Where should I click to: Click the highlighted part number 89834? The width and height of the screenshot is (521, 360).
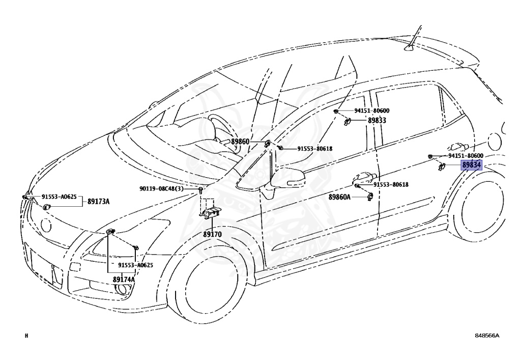pyautogui.click(x=471, y=165)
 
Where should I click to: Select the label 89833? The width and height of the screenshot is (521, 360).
pyautogui.click(x=377, y=121)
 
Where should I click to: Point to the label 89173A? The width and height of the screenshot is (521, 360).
pyautogui.click(x=98, y=201)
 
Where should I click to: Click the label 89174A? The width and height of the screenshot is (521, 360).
pyautogui.click(x=124, y=280)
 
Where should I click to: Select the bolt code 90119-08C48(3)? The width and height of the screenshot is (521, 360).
pyautogui.click(x=168, y=189)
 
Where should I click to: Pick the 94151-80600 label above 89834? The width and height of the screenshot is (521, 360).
pyautogui.click(x=465, y=155)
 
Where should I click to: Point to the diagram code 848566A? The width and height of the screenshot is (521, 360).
pyautogui.click(x=487, y=336)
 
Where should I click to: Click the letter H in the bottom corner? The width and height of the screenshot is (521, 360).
pyautogui.click(x=26, y=336)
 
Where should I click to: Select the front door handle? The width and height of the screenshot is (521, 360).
pyautogui.click(x=364, y=178)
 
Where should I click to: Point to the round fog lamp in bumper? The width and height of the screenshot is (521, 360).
pyautogui.click(x=122, y=290)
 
